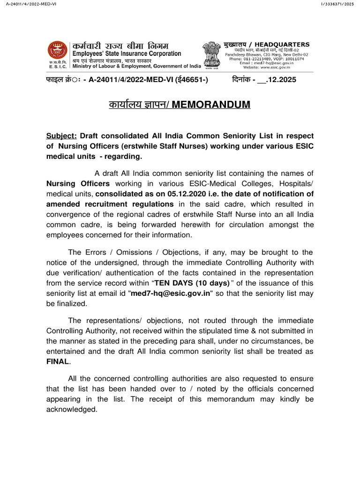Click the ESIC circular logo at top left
pyautogui.click(x=57, y=50)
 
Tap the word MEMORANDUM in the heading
pyautogui.click(x=211, y=104)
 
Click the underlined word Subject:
pyautogui.click(x=61, y=136)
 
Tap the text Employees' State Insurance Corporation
pyautogui.click(x=126, y=53)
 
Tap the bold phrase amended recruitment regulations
pyautogui.click(x=110, y=204)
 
